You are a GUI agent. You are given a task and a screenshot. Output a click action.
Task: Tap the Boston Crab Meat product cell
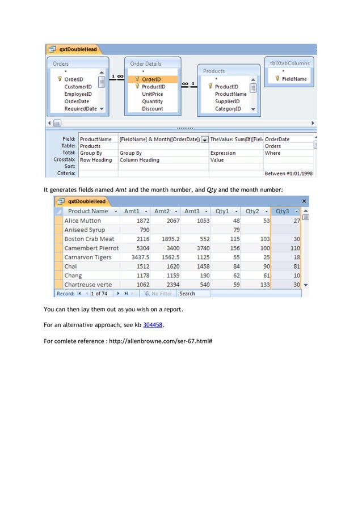tap(89, 239)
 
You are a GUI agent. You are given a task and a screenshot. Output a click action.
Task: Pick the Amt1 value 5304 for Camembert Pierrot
tap(142, 248)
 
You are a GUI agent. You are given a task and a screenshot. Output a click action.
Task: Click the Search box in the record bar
tap(193, 294)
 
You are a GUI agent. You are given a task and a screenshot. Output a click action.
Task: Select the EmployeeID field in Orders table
tap(78, 94)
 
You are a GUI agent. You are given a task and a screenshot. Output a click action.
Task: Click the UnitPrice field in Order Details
tap(152, 94)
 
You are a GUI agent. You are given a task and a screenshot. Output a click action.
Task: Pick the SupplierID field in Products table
tap(227, 101)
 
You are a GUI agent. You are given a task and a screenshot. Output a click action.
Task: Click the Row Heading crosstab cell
tap(96, 160)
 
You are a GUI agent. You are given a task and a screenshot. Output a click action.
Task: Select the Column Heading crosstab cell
tap(140, 160)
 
